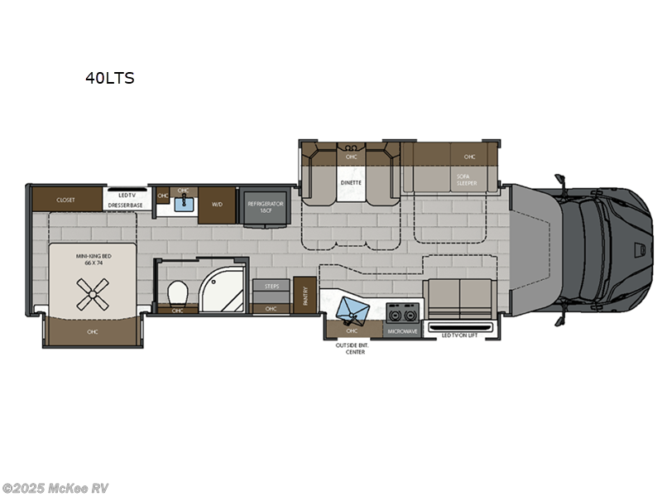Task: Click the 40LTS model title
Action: (109, 79)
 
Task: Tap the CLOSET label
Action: (66, 200)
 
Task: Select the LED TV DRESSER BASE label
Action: (127, 200)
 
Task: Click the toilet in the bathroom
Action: (177, 292)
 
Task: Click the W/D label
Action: (217, 203)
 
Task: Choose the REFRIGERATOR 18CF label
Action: (263, 206)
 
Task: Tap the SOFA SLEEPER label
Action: (467, 180)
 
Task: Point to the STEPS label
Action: (271, 286)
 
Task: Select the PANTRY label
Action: (305, 297)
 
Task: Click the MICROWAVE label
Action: (402, 331)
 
